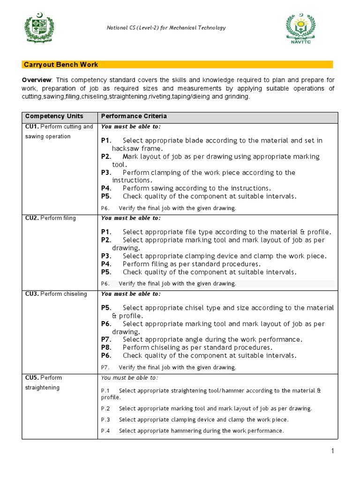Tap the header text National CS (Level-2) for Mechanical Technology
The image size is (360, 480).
(166, 28)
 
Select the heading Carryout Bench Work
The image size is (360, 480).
(60, 65)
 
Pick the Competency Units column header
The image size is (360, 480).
(54, 116)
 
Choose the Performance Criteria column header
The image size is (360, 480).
(134, 116)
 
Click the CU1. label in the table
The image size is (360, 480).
(31, 127)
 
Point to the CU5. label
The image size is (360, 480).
(31, 378)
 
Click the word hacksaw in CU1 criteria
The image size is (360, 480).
(125, 148)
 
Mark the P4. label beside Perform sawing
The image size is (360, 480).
(106, 188)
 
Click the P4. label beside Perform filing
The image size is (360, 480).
(106, 264)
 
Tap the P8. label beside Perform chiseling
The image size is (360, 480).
(106, 347)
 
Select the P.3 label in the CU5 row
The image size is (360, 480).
(105, 420)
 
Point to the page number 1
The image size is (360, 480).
(332, 451)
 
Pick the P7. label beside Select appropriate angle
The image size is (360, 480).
(106, 339)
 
